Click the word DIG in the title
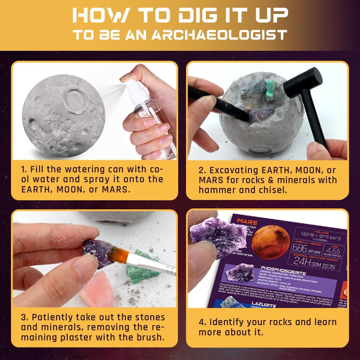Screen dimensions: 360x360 [193, 15]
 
